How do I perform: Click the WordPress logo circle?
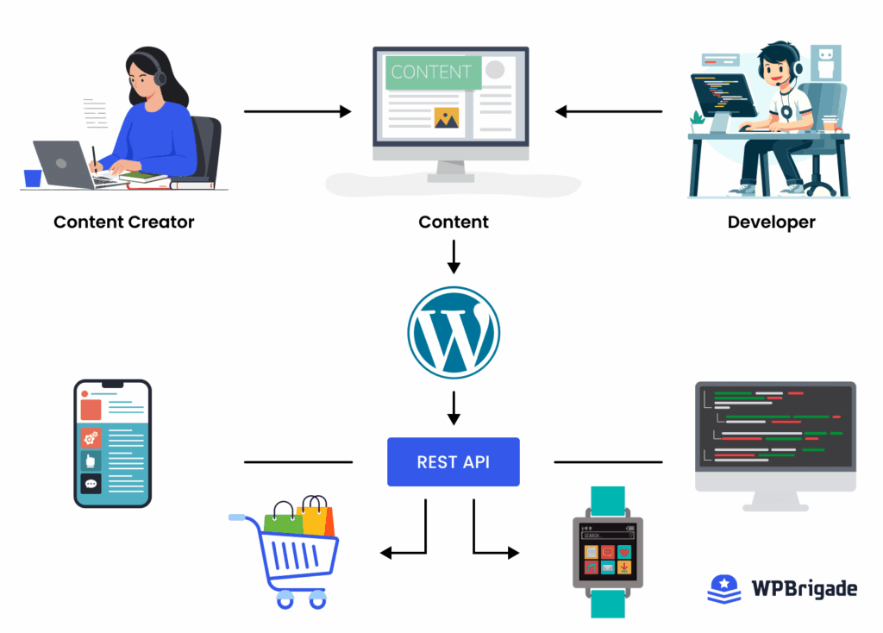453,332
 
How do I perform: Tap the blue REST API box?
453,461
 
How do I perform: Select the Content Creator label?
124,222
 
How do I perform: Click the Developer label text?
771,222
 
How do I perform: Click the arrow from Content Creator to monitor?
297,111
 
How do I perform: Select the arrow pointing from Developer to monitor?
609,111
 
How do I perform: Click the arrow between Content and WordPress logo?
454,257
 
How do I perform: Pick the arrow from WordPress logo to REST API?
454,407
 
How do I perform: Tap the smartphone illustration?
112,442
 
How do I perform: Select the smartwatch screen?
608,552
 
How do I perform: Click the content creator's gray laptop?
63,164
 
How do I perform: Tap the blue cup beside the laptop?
33,178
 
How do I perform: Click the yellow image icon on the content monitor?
446,117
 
